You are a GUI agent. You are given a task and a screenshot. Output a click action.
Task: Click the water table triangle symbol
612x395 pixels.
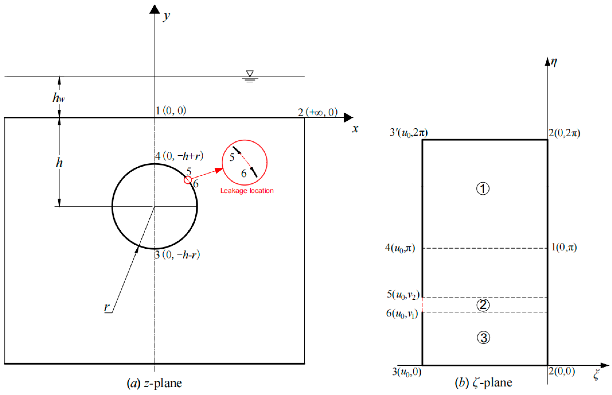coord(250,74)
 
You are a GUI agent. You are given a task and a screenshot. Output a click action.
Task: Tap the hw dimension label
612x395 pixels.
coord(59,98)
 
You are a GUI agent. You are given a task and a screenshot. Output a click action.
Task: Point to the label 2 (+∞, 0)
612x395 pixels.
coord(317,112)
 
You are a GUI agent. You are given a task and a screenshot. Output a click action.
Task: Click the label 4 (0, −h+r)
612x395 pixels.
coord(179,156)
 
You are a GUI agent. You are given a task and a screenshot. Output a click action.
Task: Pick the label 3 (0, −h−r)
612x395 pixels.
coord(177,255)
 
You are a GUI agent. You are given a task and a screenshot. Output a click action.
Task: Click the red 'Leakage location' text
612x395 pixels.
coord(247,191)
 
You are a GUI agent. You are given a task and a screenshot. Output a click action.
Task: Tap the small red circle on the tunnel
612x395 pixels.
coord(188,180)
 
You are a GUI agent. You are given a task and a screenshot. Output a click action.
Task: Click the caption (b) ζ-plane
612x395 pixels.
coord(483,383)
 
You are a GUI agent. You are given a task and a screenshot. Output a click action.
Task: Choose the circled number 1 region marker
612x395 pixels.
coord(483,189)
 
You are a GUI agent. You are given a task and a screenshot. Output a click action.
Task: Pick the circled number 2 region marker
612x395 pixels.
coord(483,305)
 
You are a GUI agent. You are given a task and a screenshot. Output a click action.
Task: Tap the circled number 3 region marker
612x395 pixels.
coord(483,337)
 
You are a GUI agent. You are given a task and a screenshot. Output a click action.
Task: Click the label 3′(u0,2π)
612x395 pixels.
coord(409,132)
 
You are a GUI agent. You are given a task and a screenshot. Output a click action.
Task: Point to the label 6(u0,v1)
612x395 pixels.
coord(402,313)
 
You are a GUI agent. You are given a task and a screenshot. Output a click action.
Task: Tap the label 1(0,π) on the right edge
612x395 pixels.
coord(564,247)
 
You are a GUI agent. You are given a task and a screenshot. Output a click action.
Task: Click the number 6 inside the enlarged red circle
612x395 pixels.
coord(244,174)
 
